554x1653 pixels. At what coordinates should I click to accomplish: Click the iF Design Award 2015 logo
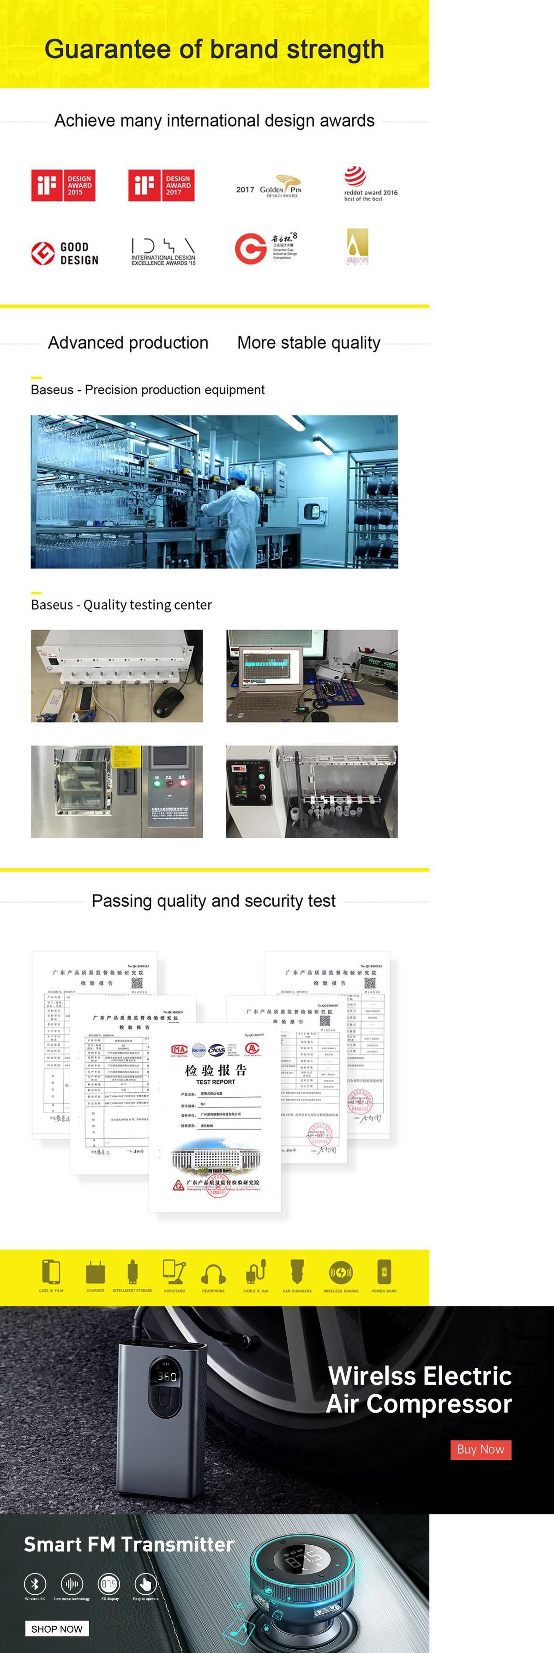(x=63, y=185)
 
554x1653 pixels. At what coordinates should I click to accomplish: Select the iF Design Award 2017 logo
(x=161, y=185)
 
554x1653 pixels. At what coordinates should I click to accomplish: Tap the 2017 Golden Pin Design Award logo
(x=269, y=187)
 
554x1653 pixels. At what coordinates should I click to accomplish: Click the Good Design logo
(x=65, y=253)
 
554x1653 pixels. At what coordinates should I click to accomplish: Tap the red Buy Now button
(x=480, y=1449)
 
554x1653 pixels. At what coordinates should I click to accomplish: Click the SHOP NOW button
(x=57, y=1628)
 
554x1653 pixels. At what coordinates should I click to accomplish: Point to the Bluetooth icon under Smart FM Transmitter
(x=35, y=1584)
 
